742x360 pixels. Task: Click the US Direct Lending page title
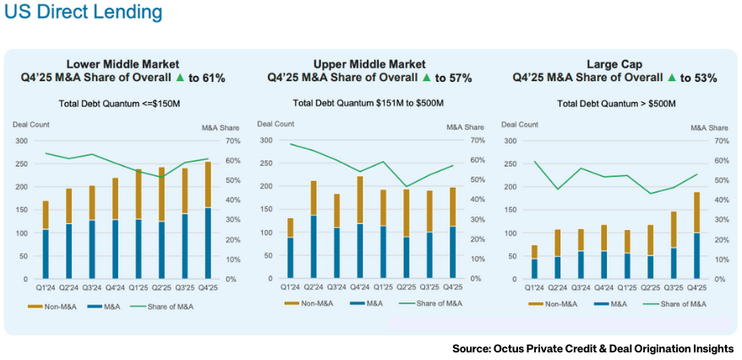tap(83, 14)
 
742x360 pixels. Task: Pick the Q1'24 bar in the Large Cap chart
tap(535, 262)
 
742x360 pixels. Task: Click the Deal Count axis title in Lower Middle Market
tap(30, 125)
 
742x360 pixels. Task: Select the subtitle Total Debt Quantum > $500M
tap(615, 103)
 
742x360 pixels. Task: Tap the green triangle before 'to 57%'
tap(427, 78)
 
